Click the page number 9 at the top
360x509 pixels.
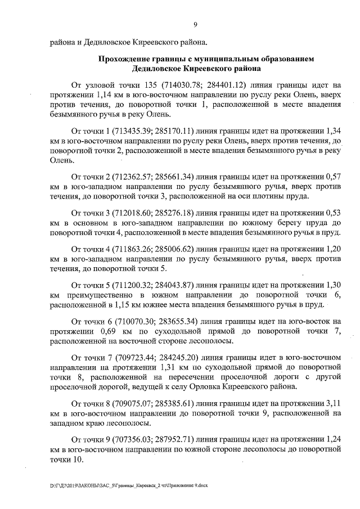pos(195,24)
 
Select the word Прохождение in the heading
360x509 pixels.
pos(128,58)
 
